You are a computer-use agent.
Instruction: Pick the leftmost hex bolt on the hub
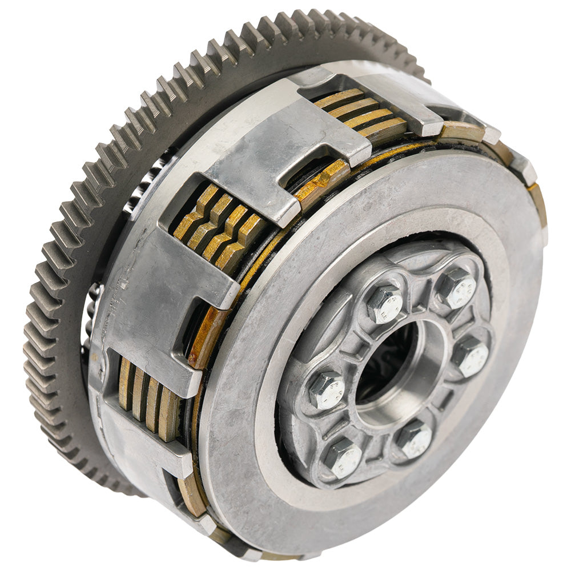click(x=327, y=391)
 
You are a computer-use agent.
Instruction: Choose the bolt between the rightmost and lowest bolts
click(x=414, y=439)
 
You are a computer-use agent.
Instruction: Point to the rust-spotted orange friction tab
click(x=208, y=337)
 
